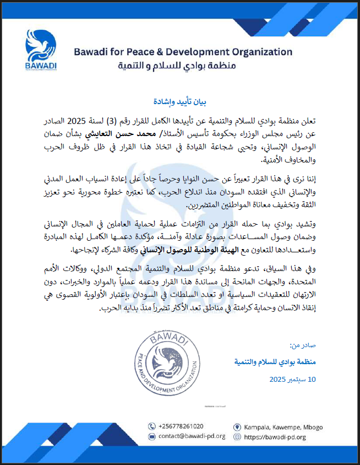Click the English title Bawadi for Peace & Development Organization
[x=183, y=52]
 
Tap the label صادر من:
[x=303, y=345]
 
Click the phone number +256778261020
[x=180, y=426]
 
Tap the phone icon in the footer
[x=151, y=426]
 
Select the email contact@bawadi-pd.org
[x=187, y=436]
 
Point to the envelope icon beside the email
[x=151, y=436]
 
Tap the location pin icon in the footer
[x=237, y=426]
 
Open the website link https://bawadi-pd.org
[x=276, y=436]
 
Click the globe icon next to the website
[x=237, y=436]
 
